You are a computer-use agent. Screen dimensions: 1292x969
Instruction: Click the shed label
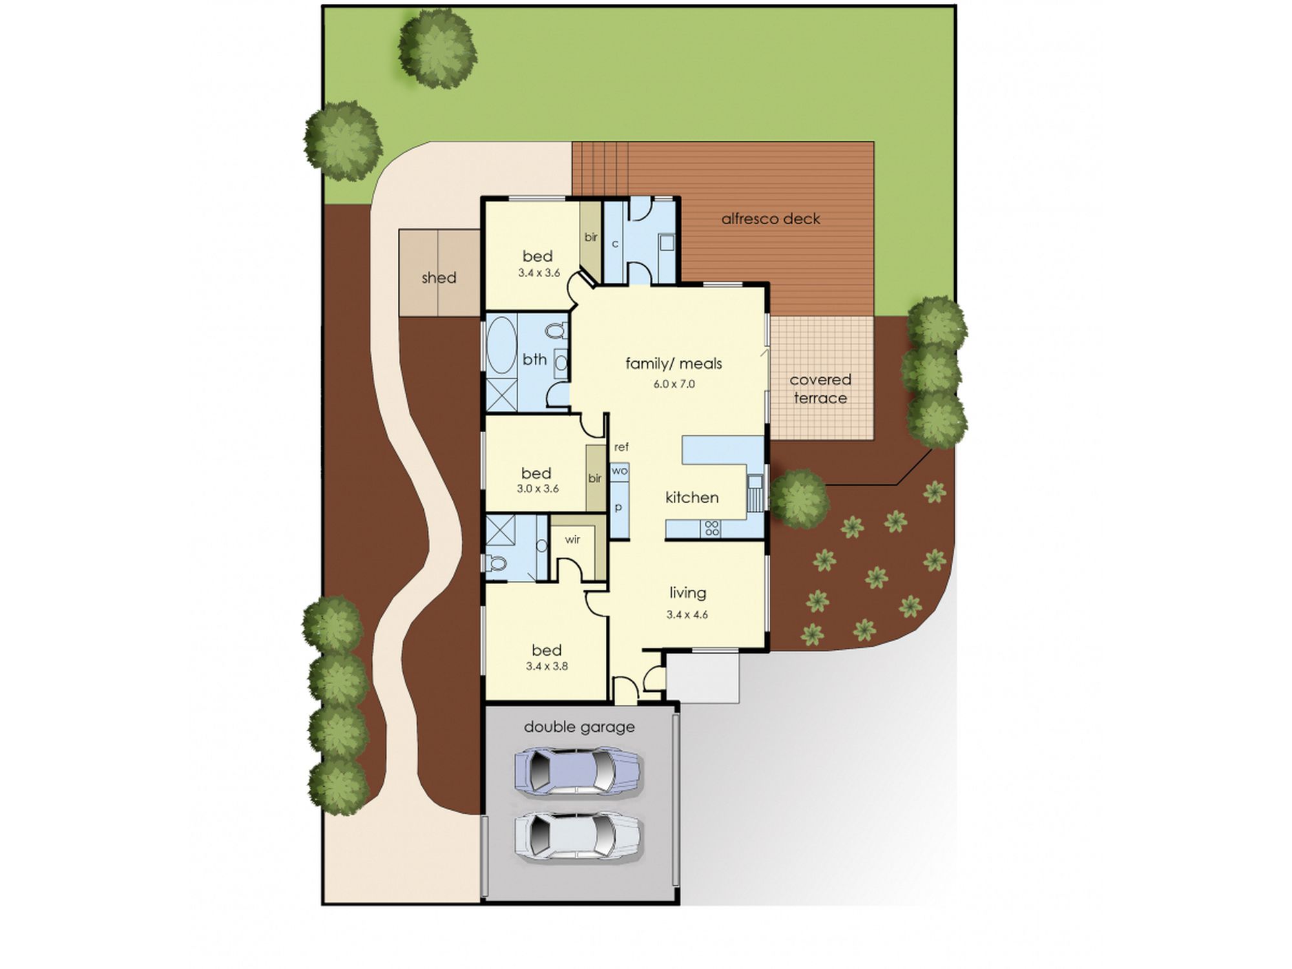pos(439,278)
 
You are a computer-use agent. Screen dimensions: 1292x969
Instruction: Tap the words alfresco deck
pos(771,219)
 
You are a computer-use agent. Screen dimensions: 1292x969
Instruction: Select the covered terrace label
pos(820,389)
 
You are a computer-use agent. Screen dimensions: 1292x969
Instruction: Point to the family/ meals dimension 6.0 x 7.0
pos(674,384)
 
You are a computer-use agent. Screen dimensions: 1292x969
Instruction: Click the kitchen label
pos(692,497)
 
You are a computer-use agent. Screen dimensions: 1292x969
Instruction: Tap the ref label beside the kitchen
pos(621,446)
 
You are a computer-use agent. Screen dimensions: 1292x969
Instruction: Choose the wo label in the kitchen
pos(620,471)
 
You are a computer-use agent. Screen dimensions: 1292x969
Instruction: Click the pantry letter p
pos(618,508)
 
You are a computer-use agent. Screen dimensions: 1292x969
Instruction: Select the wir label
pos(572,539)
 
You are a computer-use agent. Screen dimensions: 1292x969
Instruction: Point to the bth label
pos(535,359)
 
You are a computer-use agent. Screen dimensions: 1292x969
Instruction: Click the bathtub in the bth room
pos(501,344)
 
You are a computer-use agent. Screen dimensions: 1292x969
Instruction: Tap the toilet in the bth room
pos(556,331)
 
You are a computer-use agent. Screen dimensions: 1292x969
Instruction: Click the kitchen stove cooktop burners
pos(712,528)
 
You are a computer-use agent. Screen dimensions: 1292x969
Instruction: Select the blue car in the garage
pos(578,771)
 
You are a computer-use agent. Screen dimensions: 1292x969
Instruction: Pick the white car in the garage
pos(578,836)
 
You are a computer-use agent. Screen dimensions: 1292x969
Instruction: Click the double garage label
pos(579,727)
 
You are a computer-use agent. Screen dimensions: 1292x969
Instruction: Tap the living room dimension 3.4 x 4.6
pos(687,614)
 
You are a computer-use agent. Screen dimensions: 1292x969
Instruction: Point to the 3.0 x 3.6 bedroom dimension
pos(537,488)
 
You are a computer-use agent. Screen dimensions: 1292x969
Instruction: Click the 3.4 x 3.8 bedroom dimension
pos(547,666)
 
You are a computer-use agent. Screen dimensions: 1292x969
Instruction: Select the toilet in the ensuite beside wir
pos(495,564)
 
